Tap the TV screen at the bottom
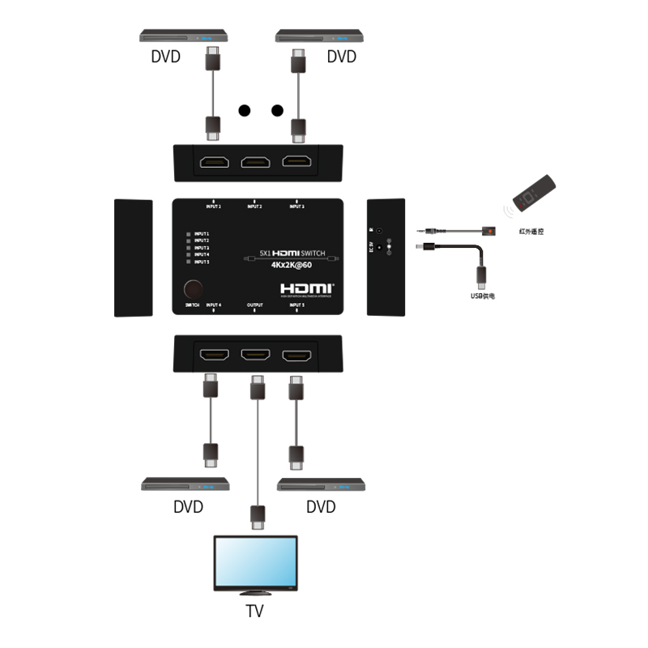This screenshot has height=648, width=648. (x=254, y=562)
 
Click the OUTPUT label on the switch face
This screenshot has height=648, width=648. (x=254, y=305)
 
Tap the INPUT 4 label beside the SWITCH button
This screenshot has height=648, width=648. (x=214, y=305)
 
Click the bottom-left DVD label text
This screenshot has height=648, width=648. (x=188, y=507)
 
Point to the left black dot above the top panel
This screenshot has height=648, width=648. (x=243, y=110)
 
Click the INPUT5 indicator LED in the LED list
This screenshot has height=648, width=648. (x=189, y=262)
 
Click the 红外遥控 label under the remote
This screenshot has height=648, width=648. (x=531, y=232)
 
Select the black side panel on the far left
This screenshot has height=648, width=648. (x=133, y=257)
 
